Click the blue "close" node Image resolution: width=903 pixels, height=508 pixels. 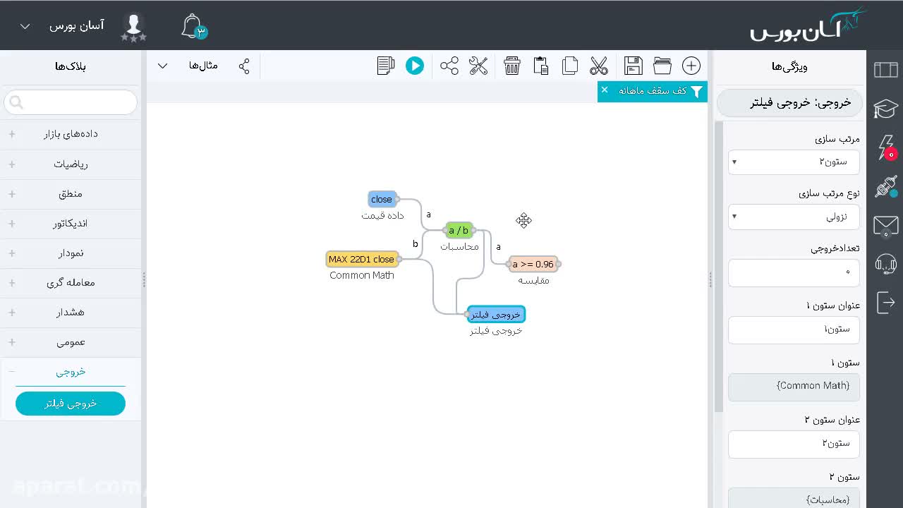tap(382, 199)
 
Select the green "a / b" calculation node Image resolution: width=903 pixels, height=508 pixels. tap(459, 230)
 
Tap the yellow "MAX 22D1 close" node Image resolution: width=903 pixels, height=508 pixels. tap(362, 259)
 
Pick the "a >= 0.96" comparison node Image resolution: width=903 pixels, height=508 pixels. tap(533, 264)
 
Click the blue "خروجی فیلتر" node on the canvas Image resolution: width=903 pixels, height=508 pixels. tap(496, 315)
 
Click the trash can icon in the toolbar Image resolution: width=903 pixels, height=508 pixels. tap(512, 66)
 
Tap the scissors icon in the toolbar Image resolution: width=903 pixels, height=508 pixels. tap(599, 66)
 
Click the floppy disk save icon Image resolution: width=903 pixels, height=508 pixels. tap(634, 66)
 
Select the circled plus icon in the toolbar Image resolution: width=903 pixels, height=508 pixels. tap(691, 66)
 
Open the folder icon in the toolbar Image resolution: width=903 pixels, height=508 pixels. tap(662, 66)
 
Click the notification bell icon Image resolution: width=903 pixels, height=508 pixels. tap(193, 26)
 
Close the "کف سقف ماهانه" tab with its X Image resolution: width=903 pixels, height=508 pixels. tap(605, 90)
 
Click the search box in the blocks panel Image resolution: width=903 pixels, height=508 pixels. tap(71, 102)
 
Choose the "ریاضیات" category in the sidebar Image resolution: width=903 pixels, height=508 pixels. tap(71, 164)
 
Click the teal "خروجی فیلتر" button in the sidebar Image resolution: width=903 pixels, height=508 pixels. tap(71, 403)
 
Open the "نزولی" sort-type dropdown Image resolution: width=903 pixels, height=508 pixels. tap(794, 217)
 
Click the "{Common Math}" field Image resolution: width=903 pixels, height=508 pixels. tap(794, 386)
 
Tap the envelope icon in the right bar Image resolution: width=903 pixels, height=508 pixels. tap(885, 225)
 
